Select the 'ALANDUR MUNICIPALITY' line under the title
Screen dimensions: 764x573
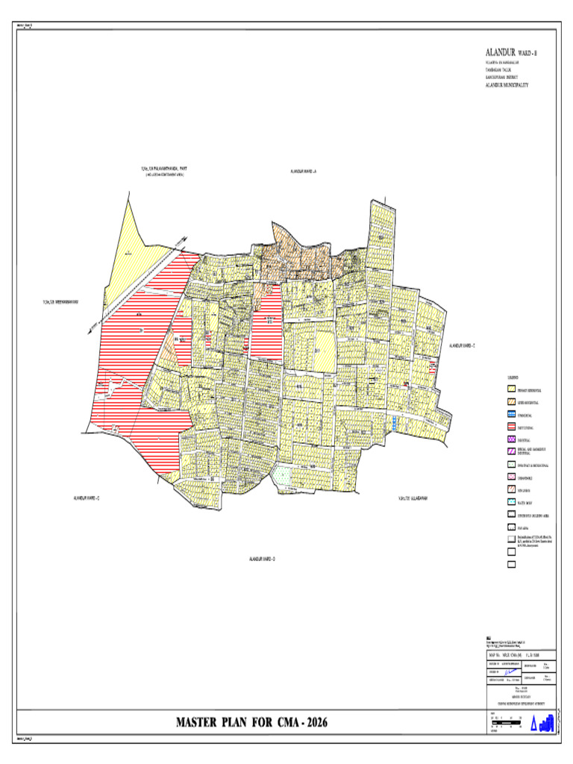pos(507,85)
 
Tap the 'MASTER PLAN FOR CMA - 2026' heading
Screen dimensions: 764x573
pos(251,722)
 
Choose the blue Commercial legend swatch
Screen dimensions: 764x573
pos(512,414)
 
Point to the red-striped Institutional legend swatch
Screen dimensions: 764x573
pos(512,427)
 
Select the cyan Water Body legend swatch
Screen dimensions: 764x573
pos(512,502)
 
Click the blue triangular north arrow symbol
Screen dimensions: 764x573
pos(533,724)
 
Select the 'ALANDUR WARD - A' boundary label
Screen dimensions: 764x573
pos(304,172)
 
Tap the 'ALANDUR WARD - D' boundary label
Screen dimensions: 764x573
pos(262,558)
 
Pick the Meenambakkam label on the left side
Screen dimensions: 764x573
pos(59,301)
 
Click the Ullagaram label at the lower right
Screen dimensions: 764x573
pos(413,497)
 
